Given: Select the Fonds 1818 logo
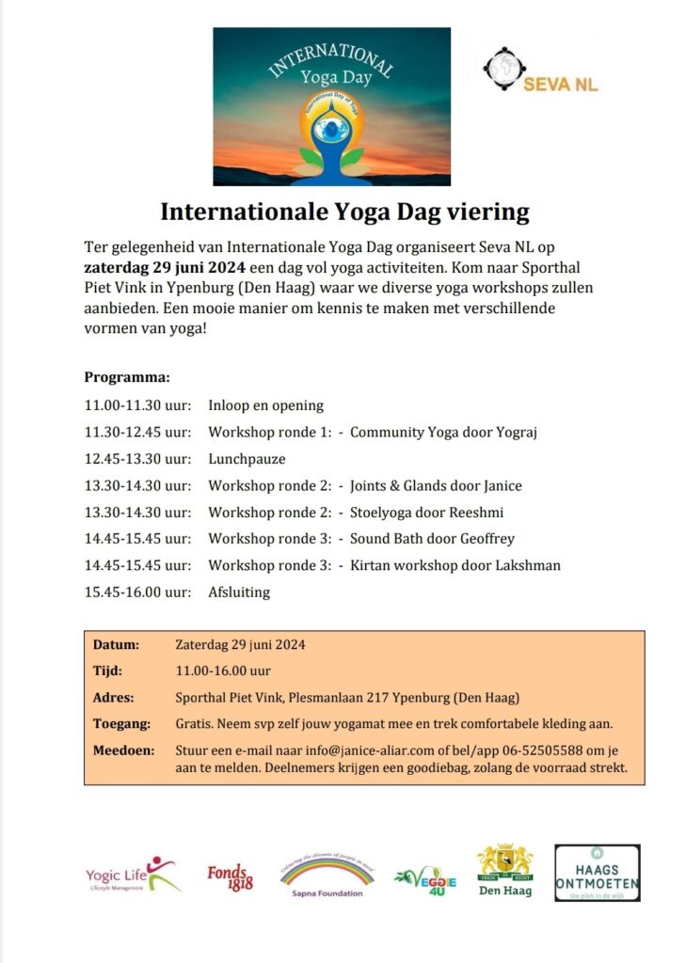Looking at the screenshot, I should [x=231, y=876].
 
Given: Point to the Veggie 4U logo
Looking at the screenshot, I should [x=425, y=880].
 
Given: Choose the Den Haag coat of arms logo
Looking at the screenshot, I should [x=503, y=871].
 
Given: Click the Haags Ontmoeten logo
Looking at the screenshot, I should [x=597, y=873].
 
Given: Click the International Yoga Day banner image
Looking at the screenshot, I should [x=331, y=106].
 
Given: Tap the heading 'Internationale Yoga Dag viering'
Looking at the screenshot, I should [x=344, y=210].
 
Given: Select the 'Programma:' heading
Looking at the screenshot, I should [x=127, y=377].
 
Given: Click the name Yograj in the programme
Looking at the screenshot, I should [x=515, y=433].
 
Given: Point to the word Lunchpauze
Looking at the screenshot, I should [x=247, y=459].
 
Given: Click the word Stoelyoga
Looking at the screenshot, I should [x=381, y=513].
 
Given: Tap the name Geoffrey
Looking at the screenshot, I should [x=485, y=539].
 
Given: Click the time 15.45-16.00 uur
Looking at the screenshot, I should [x=138, y=592].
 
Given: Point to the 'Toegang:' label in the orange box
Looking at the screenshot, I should [x=122, y=724].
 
